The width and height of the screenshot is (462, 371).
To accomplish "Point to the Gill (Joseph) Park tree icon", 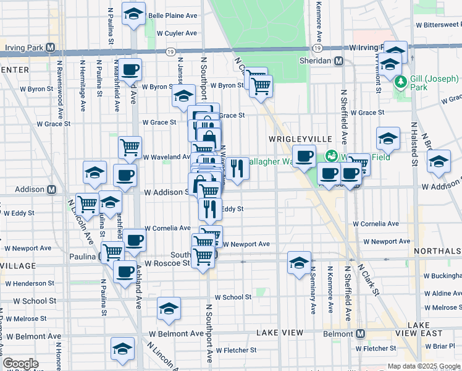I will tap(400, 81).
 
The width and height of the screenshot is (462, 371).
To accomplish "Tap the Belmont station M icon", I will tap(359, 333).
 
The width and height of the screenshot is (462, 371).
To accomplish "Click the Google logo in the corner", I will tap(21, 364).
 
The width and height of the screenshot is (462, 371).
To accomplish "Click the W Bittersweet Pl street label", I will tap(439, 25).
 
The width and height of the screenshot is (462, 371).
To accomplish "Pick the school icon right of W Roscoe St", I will tap(299, 263).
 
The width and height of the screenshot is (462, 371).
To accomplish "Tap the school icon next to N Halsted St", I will tap(439, 162).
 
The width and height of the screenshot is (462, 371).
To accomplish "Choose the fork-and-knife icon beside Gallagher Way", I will tap(237, 168).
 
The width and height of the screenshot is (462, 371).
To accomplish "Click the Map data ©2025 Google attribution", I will tap(423, 366).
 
